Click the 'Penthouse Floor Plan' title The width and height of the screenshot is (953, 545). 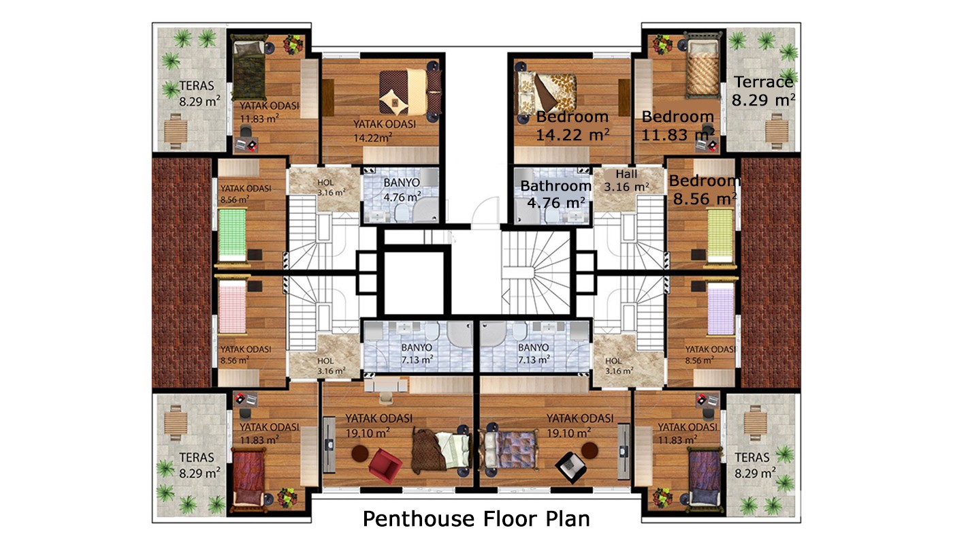476,518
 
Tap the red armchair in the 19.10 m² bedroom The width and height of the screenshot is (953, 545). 385,465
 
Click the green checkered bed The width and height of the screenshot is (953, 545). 232,234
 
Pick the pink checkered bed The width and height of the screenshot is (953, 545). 232,307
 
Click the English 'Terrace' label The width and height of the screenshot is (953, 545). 764,82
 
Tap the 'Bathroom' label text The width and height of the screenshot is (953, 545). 555,186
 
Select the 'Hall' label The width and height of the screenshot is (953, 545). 626,174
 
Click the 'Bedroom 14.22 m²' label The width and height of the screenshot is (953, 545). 572,125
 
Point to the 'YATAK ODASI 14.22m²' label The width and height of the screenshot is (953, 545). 385,131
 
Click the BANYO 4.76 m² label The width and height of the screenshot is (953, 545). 402,190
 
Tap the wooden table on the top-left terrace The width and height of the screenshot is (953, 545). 176,131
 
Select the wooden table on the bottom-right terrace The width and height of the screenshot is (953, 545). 755,423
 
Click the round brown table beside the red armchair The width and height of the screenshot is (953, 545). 360,453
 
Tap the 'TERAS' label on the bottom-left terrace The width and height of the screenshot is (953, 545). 196,457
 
